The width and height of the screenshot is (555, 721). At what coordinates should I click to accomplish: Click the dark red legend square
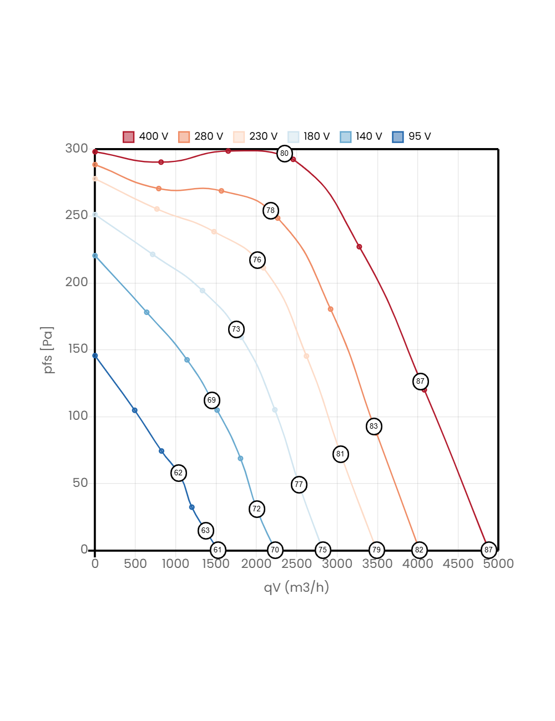click(x=129, y=137)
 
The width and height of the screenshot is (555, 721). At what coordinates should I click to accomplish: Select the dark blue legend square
click(x=398, y=137)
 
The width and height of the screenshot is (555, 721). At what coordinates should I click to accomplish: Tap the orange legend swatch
click(x=184, y=137)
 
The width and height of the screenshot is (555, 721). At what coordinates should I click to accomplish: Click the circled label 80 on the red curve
click(x=284, y=154)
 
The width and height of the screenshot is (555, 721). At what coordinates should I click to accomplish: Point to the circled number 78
click(x=270, y=211)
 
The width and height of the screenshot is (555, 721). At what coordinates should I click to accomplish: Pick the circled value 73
click(x=236, y=329)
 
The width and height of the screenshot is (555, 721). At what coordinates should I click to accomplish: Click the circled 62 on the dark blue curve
click(x=178, y=473)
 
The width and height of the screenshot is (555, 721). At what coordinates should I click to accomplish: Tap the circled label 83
click(x=374, y=426)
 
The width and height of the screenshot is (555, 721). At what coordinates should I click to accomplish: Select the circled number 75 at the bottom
click(x=322, y=550)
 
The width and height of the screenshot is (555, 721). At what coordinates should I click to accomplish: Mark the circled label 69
click(x=211, y=400)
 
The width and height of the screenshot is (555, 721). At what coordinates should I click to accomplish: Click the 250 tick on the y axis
click(x=77, y=215)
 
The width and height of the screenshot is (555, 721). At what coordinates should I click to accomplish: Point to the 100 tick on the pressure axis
click(x=78, y=415)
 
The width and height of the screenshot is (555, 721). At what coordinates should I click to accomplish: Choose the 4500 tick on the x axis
click(x=458, y=564)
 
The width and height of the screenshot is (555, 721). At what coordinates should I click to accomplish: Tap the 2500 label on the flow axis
click(x=296, y=564)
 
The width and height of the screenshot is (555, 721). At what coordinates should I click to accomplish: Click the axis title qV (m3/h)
click(x=296, y=587)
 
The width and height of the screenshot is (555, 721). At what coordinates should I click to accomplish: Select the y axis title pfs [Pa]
click(x=49, y=350)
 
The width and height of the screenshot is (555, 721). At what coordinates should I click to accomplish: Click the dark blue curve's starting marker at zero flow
click(x=95, y=356)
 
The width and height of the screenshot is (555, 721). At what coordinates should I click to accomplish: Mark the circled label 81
click(x=340, y=454)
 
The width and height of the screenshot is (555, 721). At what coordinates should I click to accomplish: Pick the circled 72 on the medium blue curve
click(x=256, y=509)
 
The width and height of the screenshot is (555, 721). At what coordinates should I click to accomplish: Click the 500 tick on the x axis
click(x=135, y=564)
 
